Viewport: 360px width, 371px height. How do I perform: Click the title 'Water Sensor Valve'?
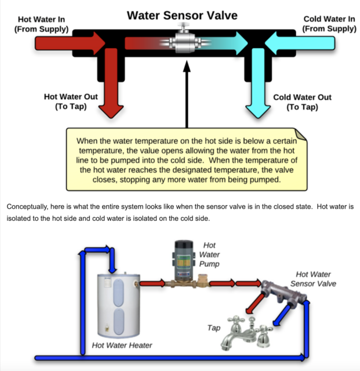pyautogui.click(x=182, y=14)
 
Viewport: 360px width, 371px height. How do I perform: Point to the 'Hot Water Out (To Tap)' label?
pyautogui.click(x=71, y=101)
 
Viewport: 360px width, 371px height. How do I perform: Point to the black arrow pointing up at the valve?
pyautogui.click(x=186, y=93)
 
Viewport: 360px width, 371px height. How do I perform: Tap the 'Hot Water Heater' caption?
pyautogui.click(x=122, y=345)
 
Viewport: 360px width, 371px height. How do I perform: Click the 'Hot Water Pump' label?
pyautogui.click(x=209, y=254)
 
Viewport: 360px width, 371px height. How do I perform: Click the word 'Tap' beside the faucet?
pyautogui.click(x=214, y=328)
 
